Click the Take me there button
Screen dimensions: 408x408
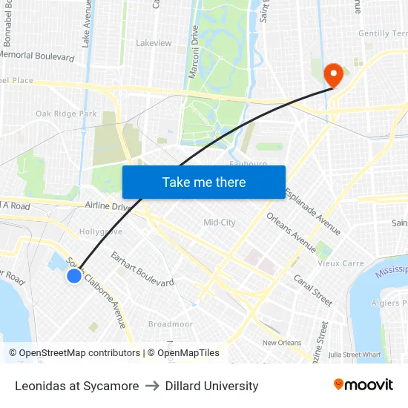click(204, 182)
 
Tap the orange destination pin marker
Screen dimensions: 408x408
click(332, 74)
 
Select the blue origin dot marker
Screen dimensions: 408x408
click(74, 276)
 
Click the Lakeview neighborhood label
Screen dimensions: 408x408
click(154, 43)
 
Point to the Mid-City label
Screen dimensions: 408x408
click(220, 223)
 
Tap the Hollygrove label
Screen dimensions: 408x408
click(101, 231)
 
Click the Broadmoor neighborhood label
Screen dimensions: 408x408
click(171, 324)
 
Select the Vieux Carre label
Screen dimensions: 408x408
click(340, 263)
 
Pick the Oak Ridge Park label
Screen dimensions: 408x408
click(66, 113)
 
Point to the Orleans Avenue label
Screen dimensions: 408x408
click(292, 233)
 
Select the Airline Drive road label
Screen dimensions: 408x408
click(108, 207)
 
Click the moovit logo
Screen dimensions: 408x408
click(363, 385)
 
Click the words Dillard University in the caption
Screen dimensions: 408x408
click(211, 386)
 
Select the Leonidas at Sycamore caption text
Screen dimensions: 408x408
click(76, 386)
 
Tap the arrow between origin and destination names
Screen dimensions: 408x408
click(152, 386)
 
